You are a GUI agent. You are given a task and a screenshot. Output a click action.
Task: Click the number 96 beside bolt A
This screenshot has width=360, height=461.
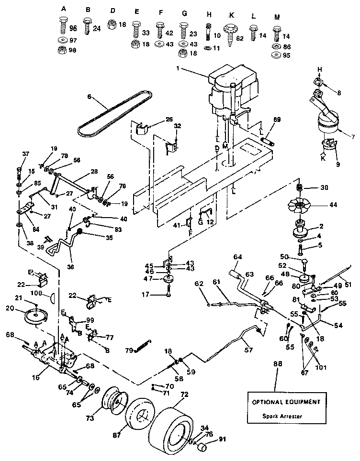pyautogui.click(x=73, y=27)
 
